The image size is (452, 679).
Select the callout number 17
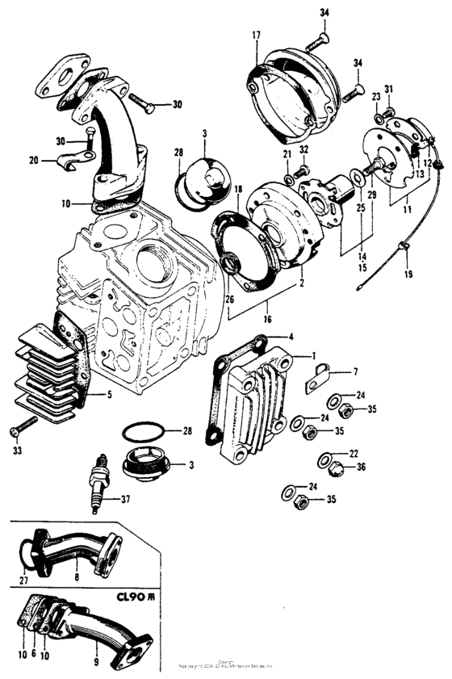255,35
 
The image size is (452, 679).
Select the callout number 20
33,160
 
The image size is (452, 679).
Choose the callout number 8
75,578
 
